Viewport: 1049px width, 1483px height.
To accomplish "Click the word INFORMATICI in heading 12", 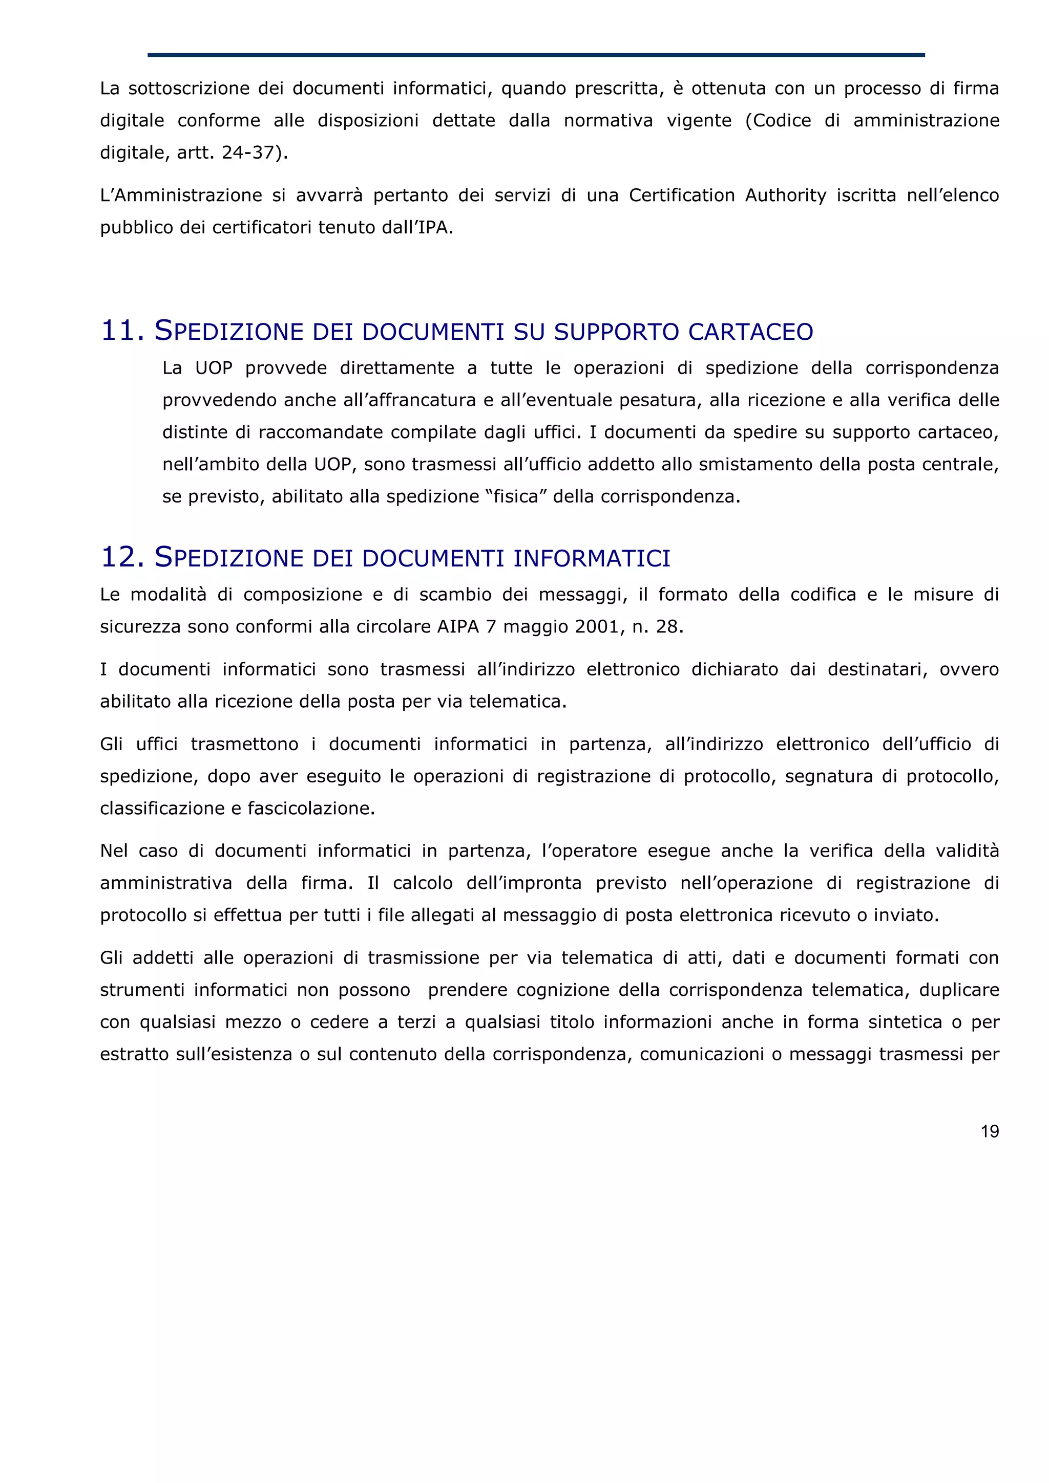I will [x=592, y=559].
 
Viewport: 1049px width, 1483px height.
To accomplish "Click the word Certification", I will [x=681, y=195].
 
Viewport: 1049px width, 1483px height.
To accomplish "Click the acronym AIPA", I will [x=458, y=626].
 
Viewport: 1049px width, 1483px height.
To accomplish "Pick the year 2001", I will [x=597, y=626].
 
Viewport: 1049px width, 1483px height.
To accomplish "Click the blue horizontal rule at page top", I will [x=536, y=55].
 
